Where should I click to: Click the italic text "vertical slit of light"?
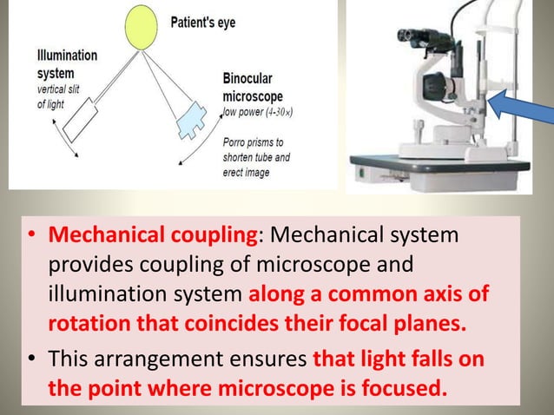61,96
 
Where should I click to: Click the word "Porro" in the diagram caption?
238,142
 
